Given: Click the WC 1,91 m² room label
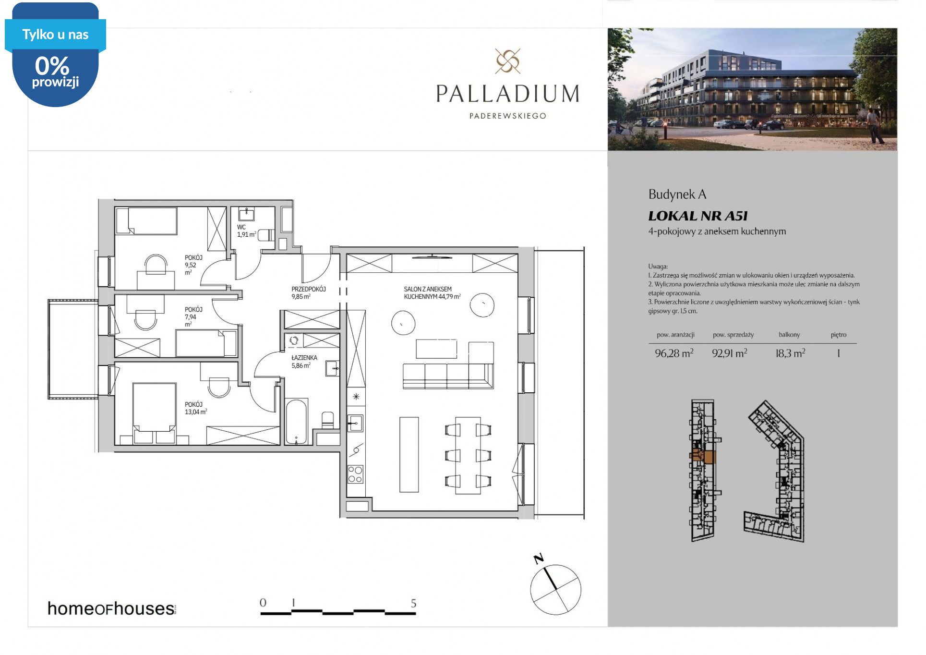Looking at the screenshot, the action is pyautogui.click(x=247, y=231).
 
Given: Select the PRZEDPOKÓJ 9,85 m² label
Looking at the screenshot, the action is pyautogui.click(x=309, y=293).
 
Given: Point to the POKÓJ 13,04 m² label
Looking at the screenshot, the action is pyautogui.click(x=196, y=408).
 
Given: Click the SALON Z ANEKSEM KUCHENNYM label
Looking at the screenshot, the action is pyautogui.click(x=433, y=293).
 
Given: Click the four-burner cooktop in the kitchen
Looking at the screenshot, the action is pyautogui.click(x=356, y=474).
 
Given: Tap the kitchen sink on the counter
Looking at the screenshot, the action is pyautogui.click(x=356, y=423).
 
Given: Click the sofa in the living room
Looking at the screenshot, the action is pyautogui.click(x=448, y=376).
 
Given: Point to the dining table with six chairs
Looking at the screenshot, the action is pyautogui.click(x=468, y=455).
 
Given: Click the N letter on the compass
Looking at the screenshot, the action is pyautogui.click(x=539, y=558).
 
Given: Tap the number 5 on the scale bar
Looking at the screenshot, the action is pyautogui.click(x=413, y=603).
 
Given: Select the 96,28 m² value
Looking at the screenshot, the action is pyautogui.click(x=674, y=353).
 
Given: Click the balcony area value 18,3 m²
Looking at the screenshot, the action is pyautogui.click(x=791, y=353).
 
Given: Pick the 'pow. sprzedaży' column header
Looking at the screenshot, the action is pyautogui.click(x=733, y=335).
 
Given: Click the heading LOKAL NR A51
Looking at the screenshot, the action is pyautogui.click(x=698, y=216).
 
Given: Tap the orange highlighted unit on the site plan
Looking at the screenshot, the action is pyautogui.click(x=704, y=456).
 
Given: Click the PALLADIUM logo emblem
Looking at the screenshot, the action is pyautogui.click(x=508, y=61).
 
